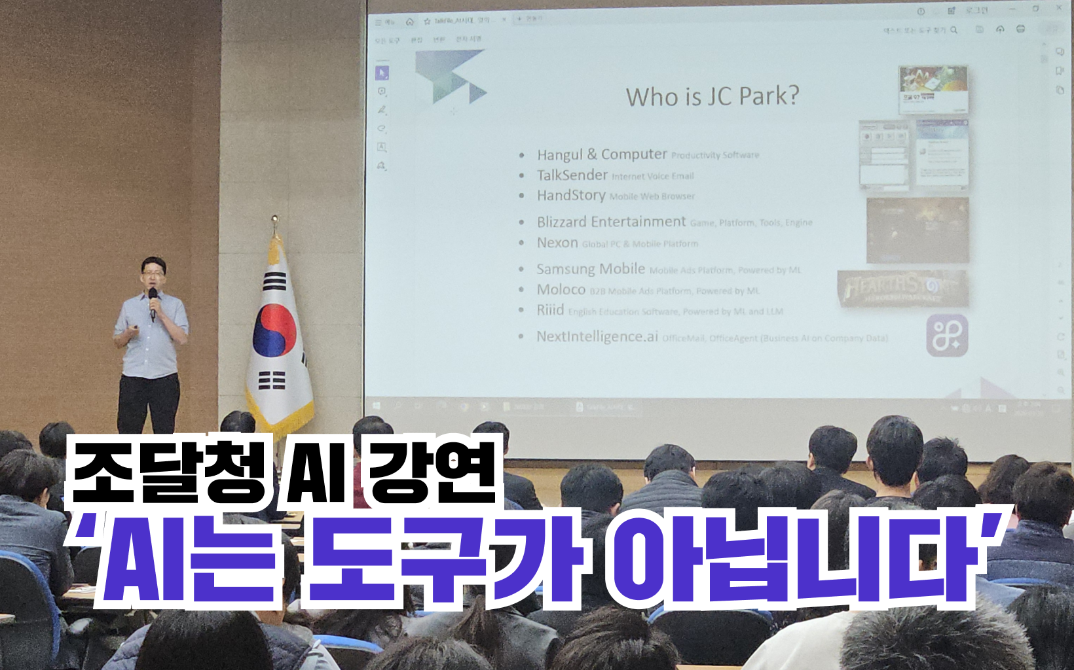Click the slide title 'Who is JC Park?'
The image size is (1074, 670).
click(x=712, y=97)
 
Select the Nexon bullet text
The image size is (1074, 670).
click(x=557, y=243)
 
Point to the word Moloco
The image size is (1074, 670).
click(x=561, y=289)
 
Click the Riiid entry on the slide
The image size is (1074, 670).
click(x=550, y=309)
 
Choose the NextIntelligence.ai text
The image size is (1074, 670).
click(x=597, y=336)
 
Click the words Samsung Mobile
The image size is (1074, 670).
click(x=590, y=269)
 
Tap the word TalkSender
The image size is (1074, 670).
click(x=572, y=175)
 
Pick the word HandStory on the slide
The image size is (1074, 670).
click(x=570, y=195)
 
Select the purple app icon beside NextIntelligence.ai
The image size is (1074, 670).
click(x=946, y=336)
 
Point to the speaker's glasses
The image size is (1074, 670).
click(x=153, y=272)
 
